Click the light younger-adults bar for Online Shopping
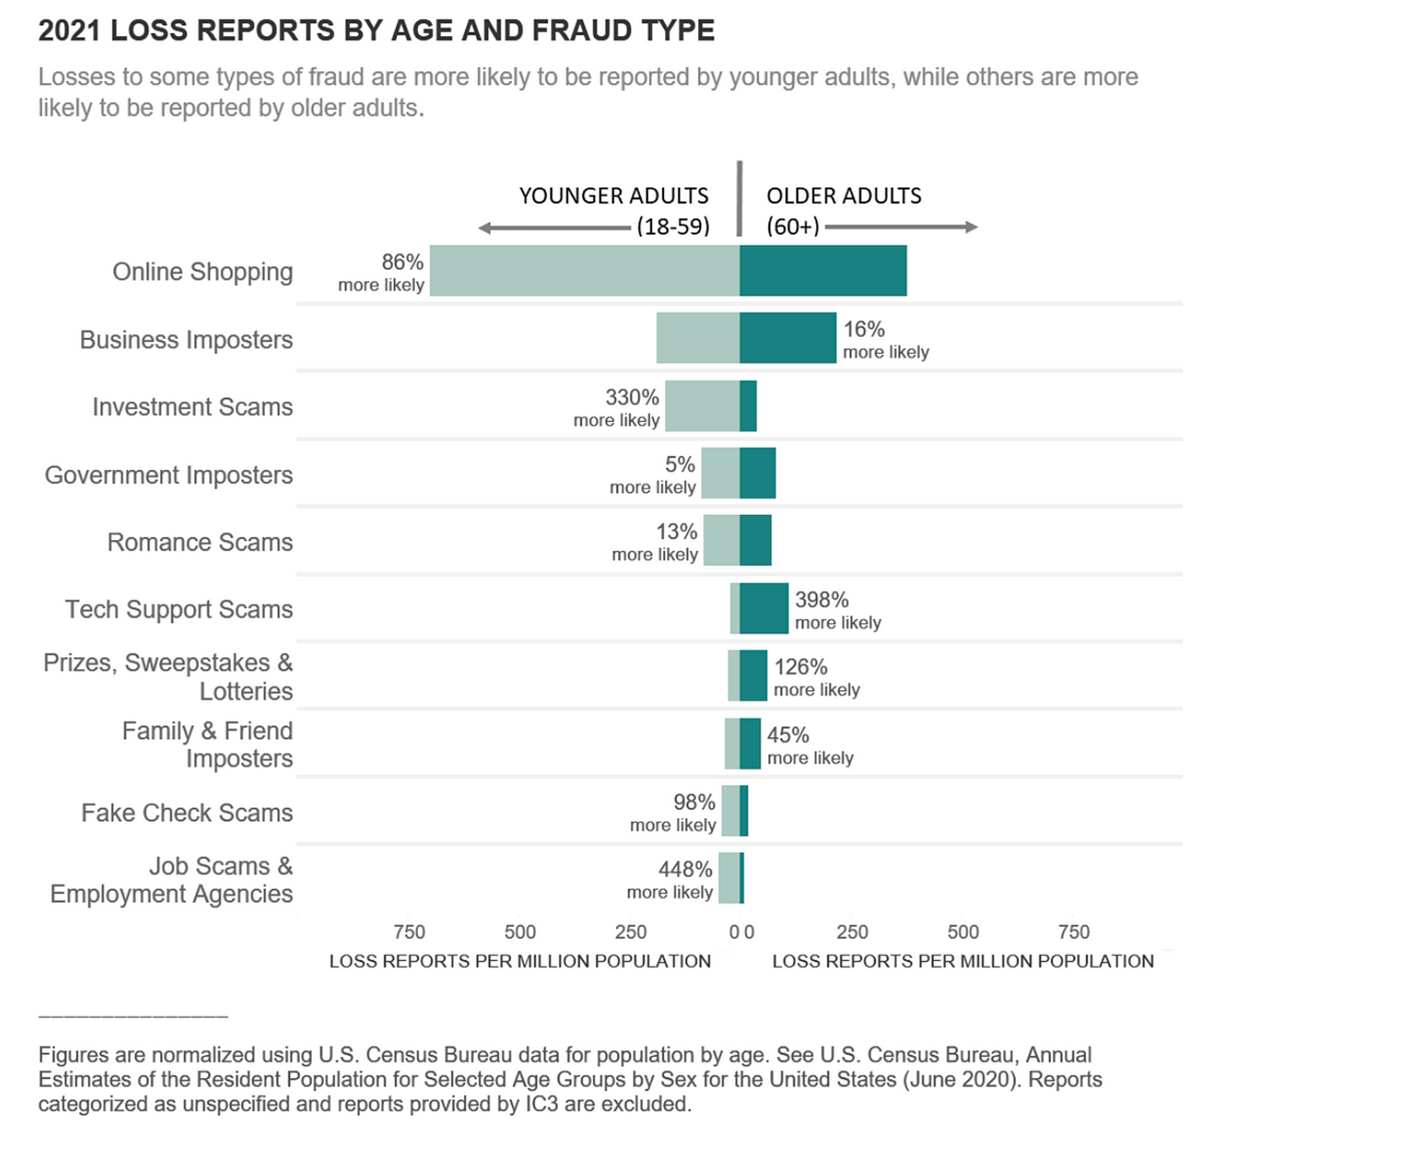point(583,270)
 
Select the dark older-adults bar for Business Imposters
point(787,337)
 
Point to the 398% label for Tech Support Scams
point(821,600)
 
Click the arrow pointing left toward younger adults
point(553,228)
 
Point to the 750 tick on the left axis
point(409,932)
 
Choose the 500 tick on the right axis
point(962,932)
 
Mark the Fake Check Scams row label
point(187,813)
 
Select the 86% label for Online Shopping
point(402,262)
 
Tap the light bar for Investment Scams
point(702,406)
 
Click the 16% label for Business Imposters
point(864,329)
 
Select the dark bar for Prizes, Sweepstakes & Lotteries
point(753,676)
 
